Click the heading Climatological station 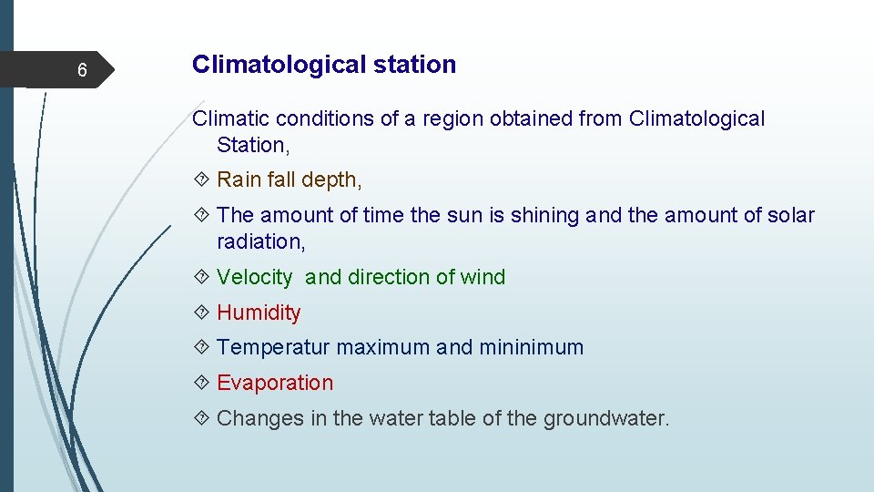[324, 65]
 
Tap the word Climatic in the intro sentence [231, 118]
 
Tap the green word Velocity [255, 278]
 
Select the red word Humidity [259, 313]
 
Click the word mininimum [532, 347]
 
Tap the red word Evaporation [275, 383]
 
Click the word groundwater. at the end [606, 419]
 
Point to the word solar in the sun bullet [790, 216]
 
